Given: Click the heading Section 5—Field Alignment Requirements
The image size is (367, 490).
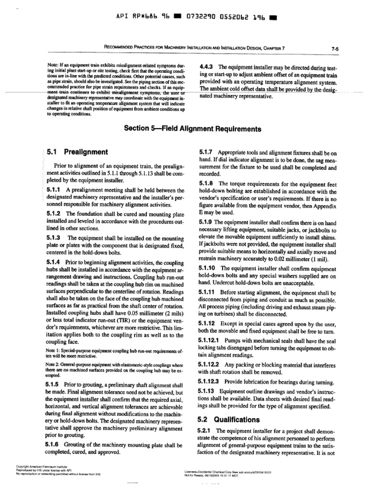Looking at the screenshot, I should click(x=193, y=129).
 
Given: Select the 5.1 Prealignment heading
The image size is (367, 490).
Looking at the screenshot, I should click(x=77, y=152).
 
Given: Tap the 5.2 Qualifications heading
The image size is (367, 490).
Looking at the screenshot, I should click(x=229, y=420).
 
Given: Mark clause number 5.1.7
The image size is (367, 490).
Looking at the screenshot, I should click(x=206, y=152).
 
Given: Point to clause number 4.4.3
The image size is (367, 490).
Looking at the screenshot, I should click(x=206, y=67).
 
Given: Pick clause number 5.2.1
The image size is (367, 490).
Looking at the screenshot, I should click(x=206, y=431).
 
